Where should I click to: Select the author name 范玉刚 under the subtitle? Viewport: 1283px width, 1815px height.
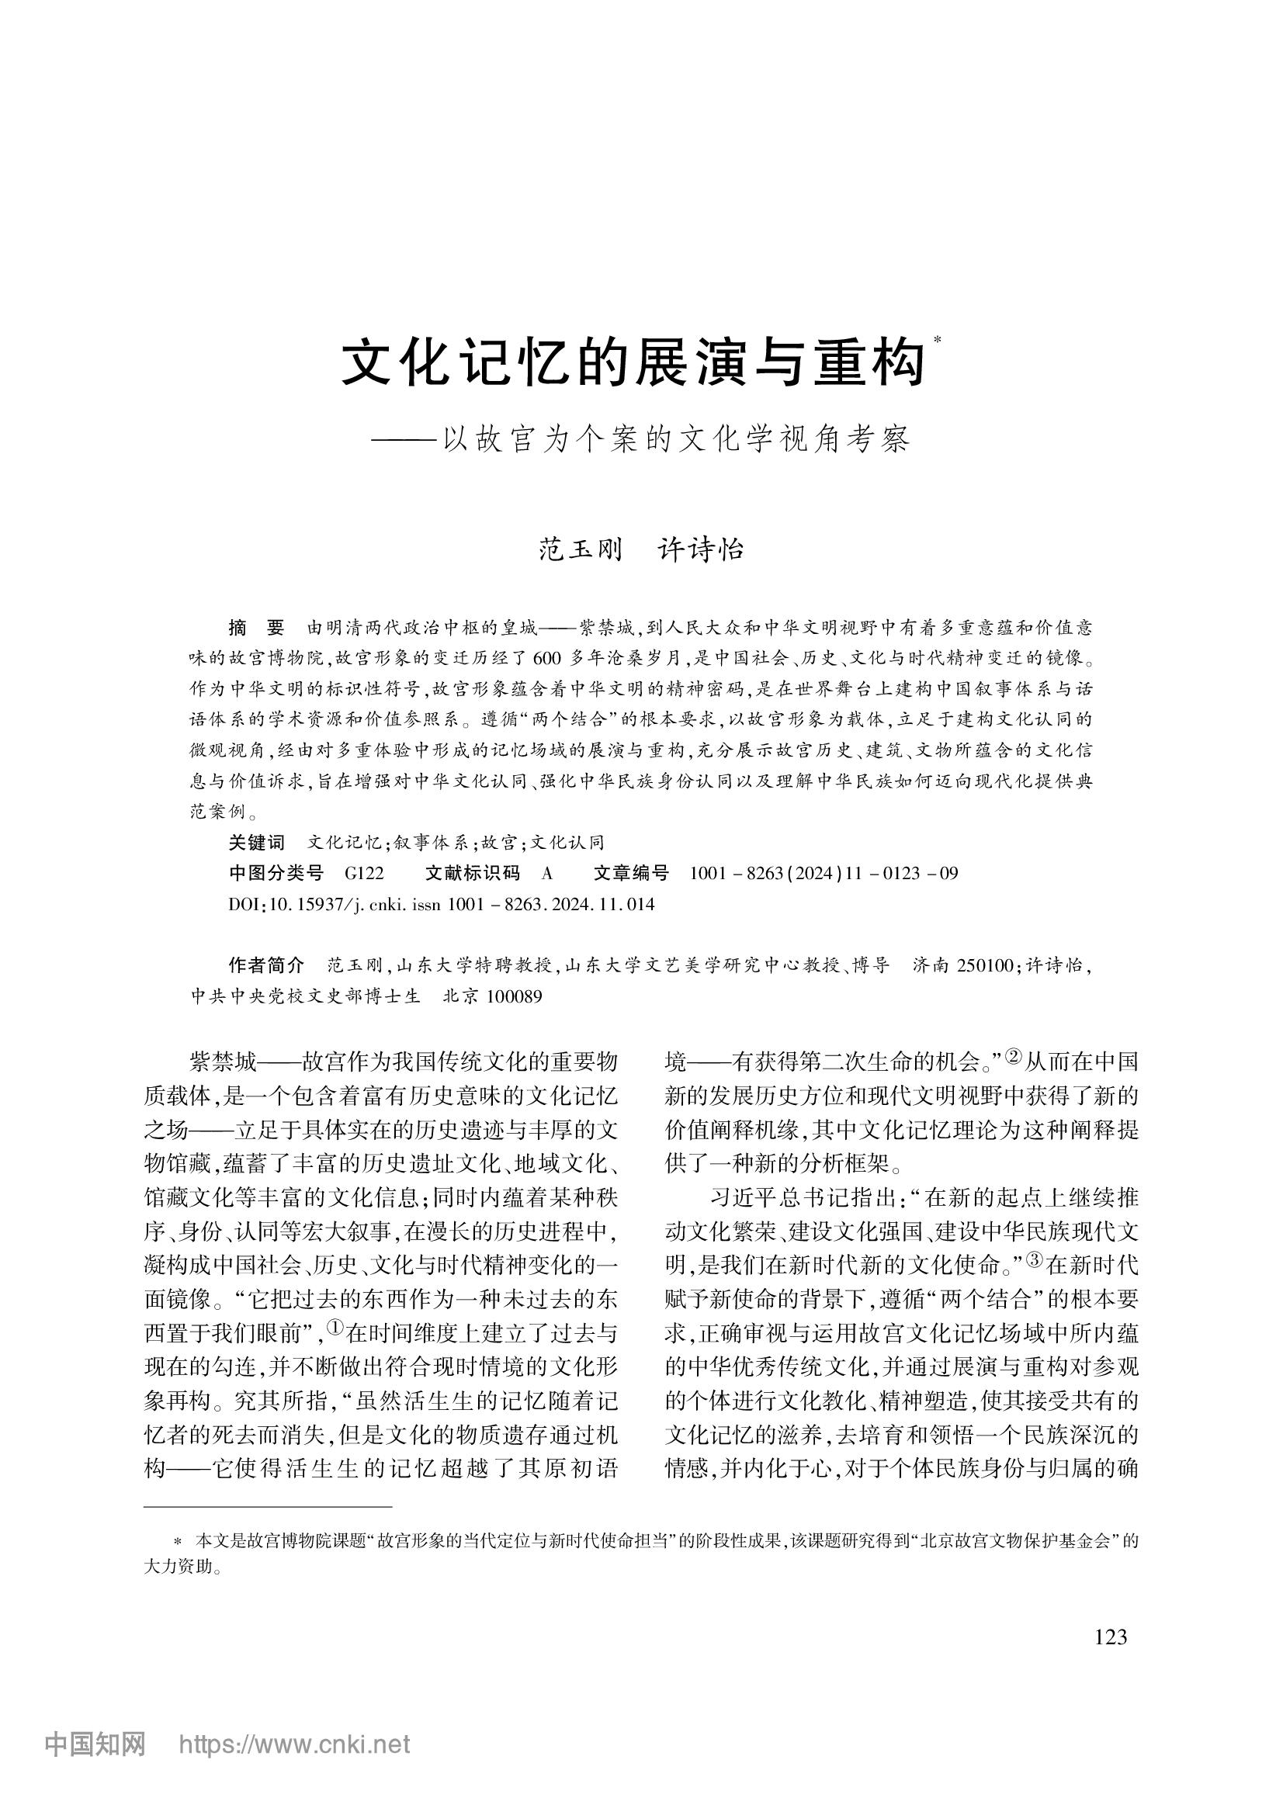coord(581,549)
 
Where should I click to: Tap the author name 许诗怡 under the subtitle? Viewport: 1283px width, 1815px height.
coord(701,549)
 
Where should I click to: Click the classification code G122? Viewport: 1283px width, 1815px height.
coord(365,874)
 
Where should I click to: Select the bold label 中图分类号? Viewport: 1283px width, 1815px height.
coord(276,874)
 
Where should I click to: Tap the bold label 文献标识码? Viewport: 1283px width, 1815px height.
coord(472,874)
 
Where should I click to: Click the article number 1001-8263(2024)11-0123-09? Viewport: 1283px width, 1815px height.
coord(824,874)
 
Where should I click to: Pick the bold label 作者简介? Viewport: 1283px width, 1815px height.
coord(265,965)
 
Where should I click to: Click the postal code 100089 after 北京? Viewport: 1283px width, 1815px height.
coord(515,997)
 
